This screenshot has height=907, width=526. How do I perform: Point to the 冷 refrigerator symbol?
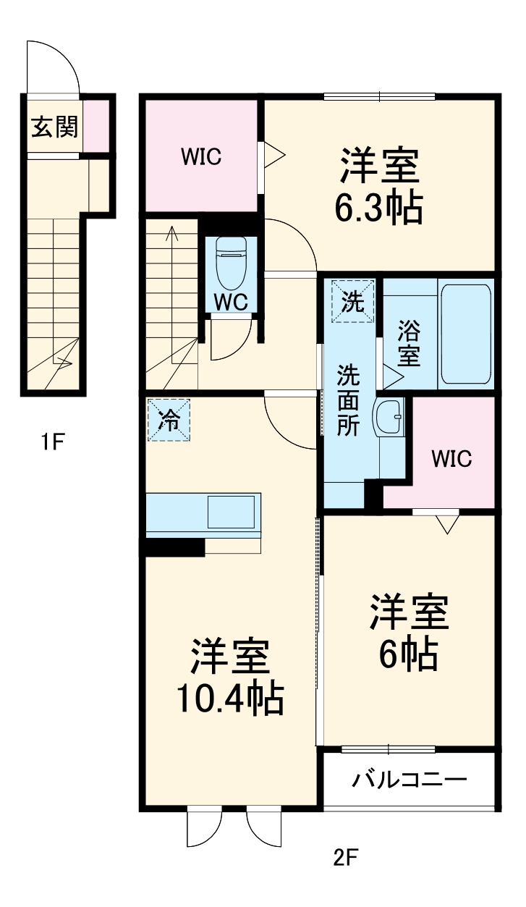(x=169, y=420)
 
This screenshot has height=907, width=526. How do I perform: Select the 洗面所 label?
(x=349, y=401)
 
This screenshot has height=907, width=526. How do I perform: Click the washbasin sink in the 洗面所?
(x=389, y=418)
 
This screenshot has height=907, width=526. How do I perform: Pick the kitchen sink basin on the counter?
(x=231, y=512)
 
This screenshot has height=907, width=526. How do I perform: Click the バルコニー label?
(x=410, y=780)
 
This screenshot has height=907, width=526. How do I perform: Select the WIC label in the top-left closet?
(x=201, y=157)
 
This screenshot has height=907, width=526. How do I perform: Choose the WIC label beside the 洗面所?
(x=451, y=458)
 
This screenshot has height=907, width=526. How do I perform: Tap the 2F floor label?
(x=345, y=859)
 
